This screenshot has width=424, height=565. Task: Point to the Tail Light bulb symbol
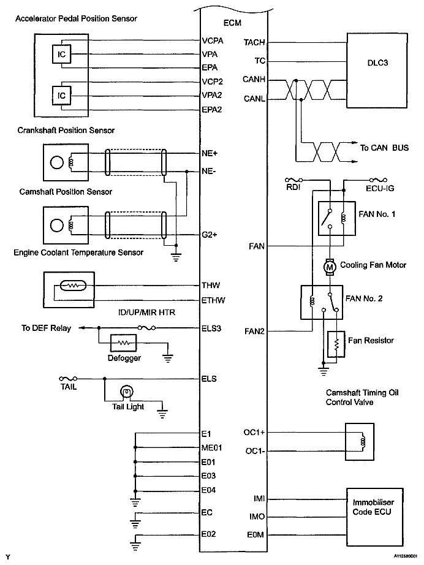click(x=126, y=391)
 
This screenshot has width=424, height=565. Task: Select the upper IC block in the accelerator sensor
click(x=62, y=55)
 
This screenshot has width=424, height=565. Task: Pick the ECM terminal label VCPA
click(x=213, y=42)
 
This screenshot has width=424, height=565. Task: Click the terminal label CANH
click(x=254, y=80)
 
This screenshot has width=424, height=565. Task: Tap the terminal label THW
click(x=211, y=286)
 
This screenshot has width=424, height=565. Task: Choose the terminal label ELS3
click(x=211, y=328)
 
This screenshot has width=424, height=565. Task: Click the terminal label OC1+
click(x=254, y=432)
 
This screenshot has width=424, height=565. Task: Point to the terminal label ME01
click(x=211, y=447)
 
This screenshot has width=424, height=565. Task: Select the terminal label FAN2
click(x=254, y=331)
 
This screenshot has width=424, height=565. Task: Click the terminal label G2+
click(x=210, y=234)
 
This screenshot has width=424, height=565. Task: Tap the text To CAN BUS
click(x=384, y=148)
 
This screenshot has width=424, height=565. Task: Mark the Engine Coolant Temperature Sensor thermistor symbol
click(x=72, y=286)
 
